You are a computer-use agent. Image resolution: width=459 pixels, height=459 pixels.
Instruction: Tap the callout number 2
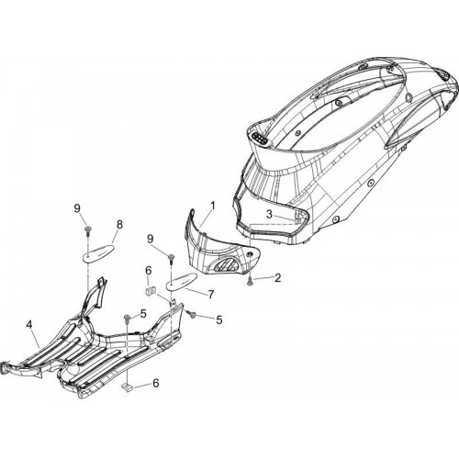(x=277, y=278)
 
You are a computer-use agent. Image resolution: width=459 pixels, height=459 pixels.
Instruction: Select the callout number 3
(x=269, y=214)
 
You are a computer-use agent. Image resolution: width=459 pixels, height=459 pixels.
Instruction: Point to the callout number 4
(x=29, y=325)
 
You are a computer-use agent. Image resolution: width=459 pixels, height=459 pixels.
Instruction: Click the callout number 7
(x=211, y=295)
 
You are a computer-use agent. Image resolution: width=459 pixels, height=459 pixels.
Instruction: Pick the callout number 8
(x=119, y=224)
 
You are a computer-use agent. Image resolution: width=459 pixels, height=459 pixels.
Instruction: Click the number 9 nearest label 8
(x=77, y=208)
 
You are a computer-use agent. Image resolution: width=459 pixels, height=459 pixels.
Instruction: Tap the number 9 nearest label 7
(x=151, y=239)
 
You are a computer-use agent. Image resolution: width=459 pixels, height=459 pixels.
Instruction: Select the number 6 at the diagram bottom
(x=156, y=383)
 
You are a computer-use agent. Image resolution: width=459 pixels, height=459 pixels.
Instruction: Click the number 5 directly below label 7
(x=219, y=319)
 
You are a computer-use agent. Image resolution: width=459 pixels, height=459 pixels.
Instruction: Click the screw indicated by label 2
(x=250, y=282)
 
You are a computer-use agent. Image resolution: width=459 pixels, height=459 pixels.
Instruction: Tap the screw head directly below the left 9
(x=88, y=229)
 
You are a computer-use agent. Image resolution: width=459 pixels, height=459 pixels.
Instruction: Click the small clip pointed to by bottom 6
(x=127, y=387)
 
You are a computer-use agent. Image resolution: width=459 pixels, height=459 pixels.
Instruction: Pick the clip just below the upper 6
(x=150, y=290)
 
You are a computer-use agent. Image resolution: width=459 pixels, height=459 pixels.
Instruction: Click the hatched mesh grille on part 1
(x=226, y=263)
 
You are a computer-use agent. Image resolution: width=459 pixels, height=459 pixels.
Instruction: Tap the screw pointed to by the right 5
(x=192, y=314)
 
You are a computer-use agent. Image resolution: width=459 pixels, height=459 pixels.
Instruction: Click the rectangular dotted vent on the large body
(x=261, y=140)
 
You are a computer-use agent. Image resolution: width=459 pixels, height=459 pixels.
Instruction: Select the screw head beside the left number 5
(x=126, y=318)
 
